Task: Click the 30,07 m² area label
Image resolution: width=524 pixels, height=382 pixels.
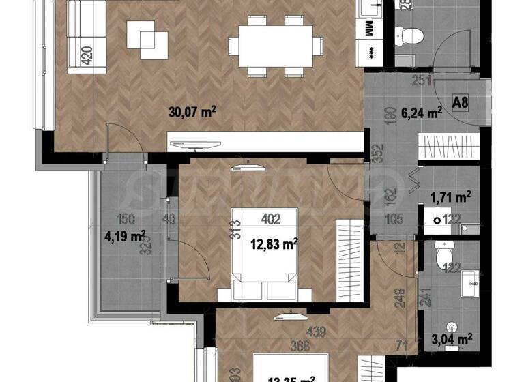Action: pos(192,113)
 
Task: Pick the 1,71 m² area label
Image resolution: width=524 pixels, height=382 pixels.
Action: pos(451,199)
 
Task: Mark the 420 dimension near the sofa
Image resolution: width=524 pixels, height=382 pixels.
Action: pos(87,54)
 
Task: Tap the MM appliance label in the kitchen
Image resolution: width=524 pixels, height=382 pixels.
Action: pos(369,29)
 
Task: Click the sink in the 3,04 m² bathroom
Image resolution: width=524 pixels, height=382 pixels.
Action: pos(469,284)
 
